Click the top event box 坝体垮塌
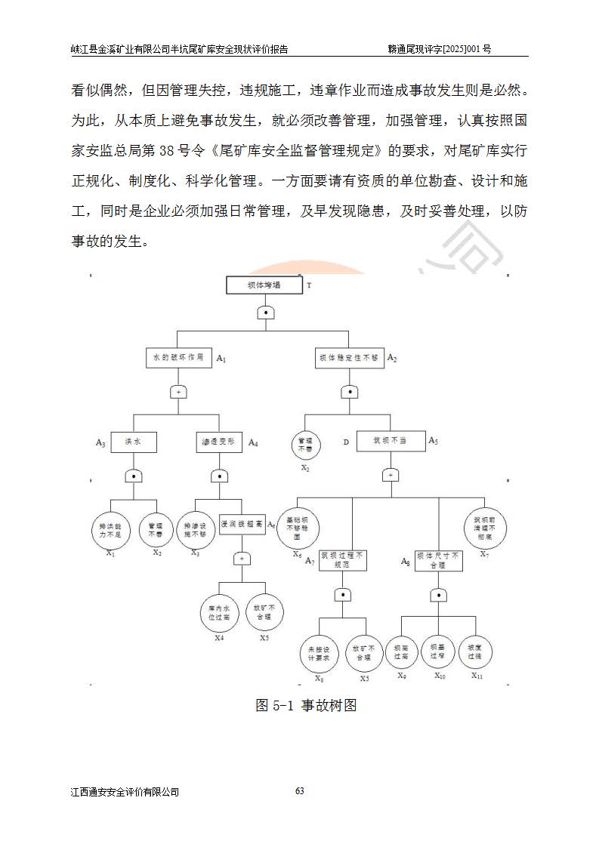click(x=264, y=286)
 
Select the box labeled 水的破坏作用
click(x=178, y=358)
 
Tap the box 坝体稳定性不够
click(x=348, y=358)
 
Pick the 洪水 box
click(x=134, y=442)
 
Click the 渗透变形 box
click(x=218, y=442)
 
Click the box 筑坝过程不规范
click(x=343, y=560)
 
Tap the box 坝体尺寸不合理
click(x=437, y=560)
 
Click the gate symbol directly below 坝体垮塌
click(x=264, y=313)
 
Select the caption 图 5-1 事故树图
click(x=306, y=706)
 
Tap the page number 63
click(x=299, y=791)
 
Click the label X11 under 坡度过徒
click(x=477, y=676)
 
